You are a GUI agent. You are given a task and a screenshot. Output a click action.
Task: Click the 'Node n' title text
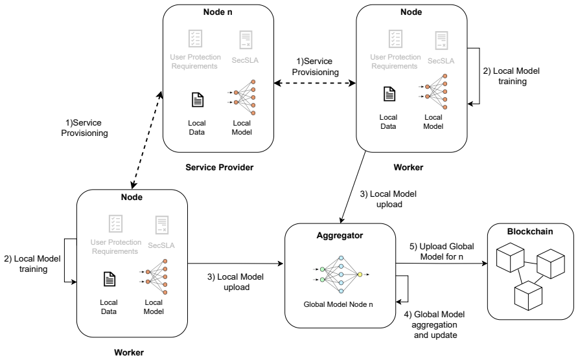[218, 12]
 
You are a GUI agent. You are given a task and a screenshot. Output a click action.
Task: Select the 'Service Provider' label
[219, 167]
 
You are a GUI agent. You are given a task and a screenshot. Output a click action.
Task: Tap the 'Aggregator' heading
[340, 236]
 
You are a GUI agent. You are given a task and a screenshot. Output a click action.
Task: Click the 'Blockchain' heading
[530, 231]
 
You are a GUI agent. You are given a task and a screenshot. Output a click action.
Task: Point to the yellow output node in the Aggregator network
[360, 275]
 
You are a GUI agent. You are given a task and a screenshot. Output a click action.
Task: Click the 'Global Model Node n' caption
[338, 304]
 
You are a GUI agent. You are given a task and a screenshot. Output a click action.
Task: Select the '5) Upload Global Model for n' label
[442, 251]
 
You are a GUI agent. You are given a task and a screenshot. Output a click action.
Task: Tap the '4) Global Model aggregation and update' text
[435, 324]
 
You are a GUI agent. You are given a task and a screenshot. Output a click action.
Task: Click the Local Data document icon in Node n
[198, 100]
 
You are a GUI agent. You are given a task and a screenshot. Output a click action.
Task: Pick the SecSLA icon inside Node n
[246, 39]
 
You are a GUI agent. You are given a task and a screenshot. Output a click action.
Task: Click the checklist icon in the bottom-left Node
[116, 223]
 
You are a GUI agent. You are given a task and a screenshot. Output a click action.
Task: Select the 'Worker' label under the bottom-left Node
[129, 352]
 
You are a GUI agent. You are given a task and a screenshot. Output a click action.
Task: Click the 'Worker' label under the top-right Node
[408, 167]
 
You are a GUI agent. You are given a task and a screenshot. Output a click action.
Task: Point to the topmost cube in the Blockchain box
[510, 257]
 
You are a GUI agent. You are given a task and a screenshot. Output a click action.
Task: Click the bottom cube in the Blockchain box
[528, 295]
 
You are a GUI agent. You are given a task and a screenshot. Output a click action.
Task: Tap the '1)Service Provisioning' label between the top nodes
[315, 67]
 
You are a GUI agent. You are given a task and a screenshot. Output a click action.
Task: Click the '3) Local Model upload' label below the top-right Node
[389, 199]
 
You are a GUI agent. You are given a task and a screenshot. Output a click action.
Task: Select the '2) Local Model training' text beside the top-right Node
[511, 76]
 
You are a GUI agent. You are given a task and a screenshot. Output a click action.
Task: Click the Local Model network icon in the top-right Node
[433, 92]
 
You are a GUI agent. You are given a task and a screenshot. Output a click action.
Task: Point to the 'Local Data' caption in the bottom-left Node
[109, 307]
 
